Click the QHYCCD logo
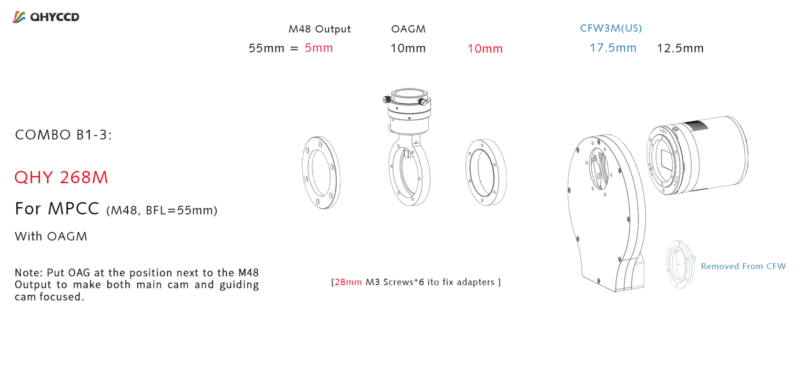pos(46,17)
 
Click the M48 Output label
pos(319,29)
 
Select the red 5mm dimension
pos(319,48)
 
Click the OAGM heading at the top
pos(408,29)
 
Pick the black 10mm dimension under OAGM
pos(408,48)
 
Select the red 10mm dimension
pos(485,49)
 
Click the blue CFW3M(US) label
pos(611,28)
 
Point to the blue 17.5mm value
pos(613,48)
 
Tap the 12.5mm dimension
pos(680,48)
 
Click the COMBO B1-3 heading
pos(64,135)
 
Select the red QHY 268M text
pos(61,177)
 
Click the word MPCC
pos(74,209)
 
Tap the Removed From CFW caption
pos(743,266)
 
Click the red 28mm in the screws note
pos(348,282)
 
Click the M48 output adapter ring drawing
pos(321,173)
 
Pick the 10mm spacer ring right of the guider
pos(486,172)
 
